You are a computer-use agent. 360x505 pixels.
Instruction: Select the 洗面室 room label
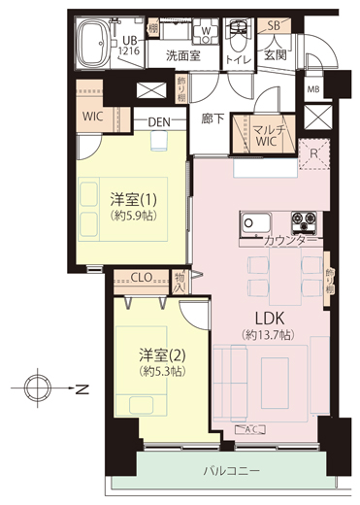click(x=181, y=56)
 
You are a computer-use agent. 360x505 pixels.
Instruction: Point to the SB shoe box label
click(x=274, y=25)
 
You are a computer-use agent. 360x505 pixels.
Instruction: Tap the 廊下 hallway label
click(x=213, y=118)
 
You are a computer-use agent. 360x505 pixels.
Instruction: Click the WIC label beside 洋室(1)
click(x=94, y=116)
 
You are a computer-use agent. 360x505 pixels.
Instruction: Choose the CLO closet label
click(x=142, y=276)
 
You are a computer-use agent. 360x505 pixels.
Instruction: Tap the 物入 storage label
click(x=180, y=283)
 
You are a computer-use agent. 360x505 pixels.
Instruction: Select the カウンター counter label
click(x=289, y=240)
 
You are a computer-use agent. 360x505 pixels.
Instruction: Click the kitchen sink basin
click(x=251, y=222)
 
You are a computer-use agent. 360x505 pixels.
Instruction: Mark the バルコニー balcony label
click(x=231, y=470)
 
